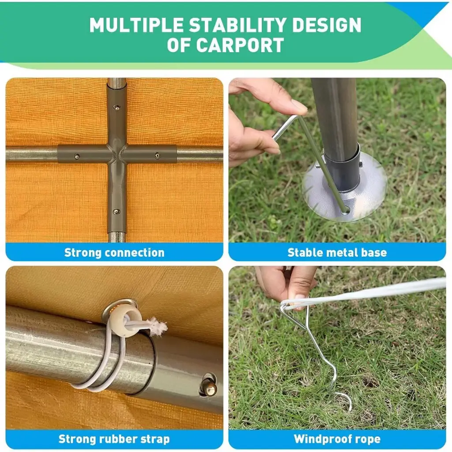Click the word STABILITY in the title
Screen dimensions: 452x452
237,25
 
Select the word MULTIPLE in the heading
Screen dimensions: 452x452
136,25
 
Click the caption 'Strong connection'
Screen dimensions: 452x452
114,252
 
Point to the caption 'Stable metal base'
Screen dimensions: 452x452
337,252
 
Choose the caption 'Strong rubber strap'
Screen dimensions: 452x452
114,439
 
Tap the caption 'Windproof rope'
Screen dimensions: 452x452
337,439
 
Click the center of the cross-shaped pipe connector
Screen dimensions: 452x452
117,154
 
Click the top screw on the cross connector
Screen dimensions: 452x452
116,108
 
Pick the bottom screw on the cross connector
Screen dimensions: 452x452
116,212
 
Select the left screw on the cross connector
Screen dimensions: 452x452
77,157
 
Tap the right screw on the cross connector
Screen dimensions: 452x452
157,156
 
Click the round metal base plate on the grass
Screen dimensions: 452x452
344,187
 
